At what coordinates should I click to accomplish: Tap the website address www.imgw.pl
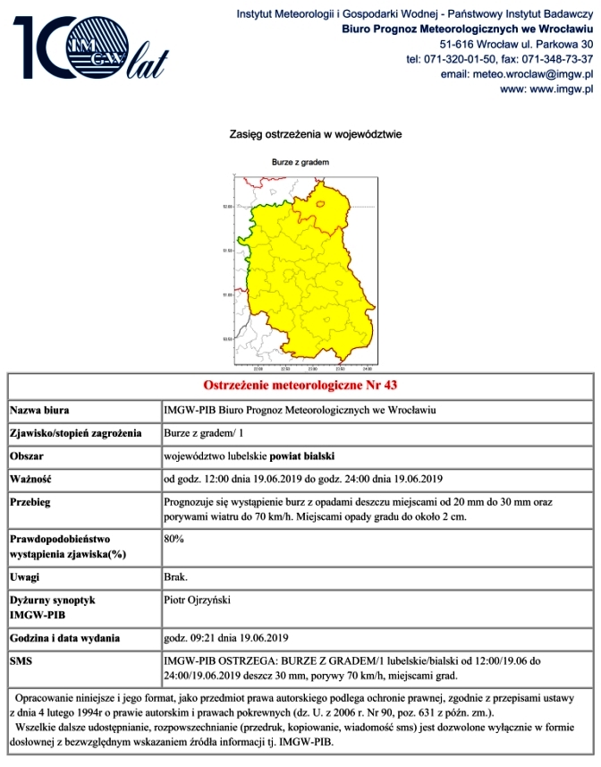pos(546,89)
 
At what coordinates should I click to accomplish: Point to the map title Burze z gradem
pos(300,163)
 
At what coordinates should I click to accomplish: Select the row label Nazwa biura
pos(41,411)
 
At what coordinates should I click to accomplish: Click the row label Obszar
pos(29,456)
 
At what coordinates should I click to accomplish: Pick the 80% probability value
pos(174,540)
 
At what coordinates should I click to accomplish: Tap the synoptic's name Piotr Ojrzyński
pos(198,600)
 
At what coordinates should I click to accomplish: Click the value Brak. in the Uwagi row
pos(175,577)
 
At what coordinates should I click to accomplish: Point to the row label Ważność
pos(31,479)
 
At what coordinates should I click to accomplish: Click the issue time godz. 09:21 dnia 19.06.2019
pos(226,638)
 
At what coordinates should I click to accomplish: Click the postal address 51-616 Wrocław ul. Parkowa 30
pos(516,43)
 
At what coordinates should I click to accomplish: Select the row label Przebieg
pos(34,502)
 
